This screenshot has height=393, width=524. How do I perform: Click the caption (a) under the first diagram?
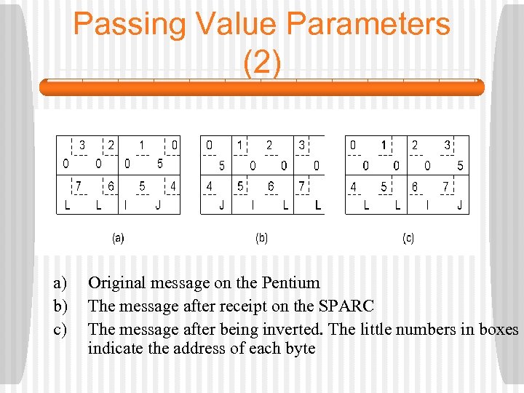118,237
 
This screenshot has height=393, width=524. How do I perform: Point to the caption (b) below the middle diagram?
261,237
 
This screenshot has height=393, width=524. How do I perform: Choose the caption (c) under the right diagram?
408,237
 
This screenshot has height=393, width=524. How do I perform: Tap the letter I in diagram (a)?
126,206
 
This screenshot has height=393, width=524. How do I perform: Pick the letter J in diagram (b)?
221,206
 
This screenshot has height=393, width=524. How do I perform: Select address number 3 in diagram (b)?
301,145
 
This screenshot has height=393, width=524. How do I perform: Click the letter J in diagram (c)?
459,206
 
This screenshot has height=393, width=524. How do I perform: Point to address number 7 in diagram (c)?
446,186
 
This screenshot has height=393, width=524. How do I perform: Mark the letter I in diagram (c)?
427,206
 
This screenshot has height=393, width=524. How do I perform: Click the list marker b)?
60,306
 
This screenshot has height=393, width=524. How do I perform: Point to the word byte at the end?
298,349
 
